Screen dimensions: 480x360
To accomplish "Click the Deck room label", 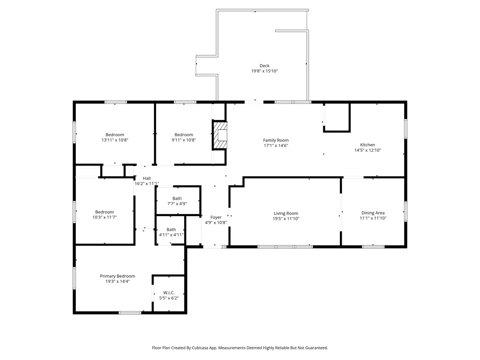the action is point(264,65).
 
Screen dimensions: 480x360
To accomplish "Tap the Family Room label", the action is point(276,140).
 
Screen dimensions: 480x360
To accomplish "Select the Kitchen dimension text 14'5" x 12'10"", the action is point(368,150).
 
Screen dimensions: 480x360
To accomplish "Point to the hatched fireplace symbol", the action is point(220,135).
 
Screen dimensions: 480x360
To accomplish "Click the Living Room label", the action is point(286,214).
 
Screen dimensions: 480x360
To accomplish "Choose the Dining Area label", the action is point(373,213).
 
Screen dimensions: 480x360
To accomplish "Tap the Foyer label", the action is point(216,217).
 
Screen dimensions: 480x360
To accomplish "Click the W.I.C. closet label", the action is point(168,293).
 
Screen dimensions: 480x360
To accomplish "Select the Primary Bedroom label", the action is point(118,276).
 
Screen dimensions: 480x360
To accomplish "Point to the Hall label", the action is point(146,178).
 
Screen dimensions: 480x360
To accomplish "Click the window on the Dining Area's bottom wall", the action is point(373,246).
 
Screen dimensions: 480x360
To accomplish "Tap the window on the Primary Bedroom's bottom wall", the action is point(130,312).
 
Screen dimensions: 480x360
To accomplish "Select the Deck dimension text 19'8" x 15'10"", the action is point(264,71).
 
